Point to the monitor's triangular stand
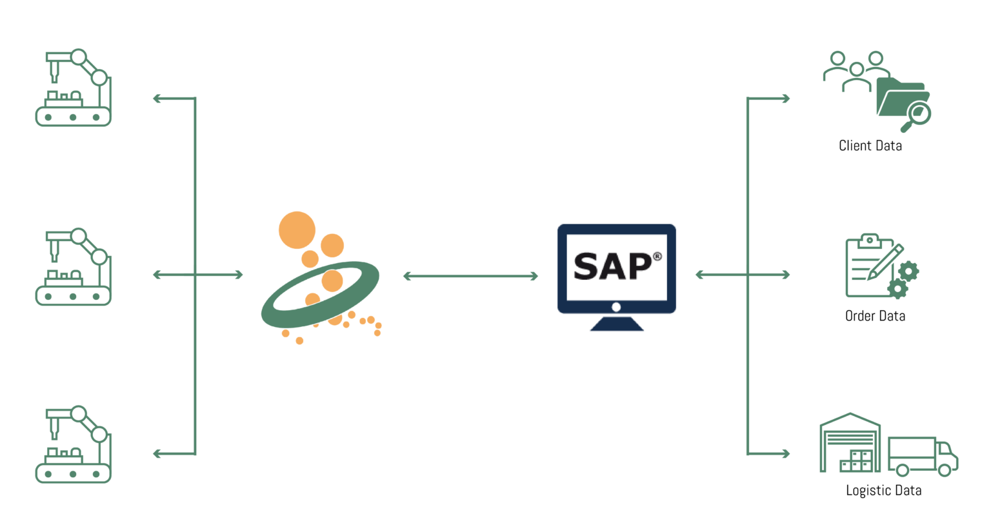(x=617, y=324)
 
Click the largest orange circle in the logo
(x=297, y=230)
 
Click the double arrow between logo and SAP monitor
(x=470, y=276)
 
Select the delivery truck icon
(x=922, y=456)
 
